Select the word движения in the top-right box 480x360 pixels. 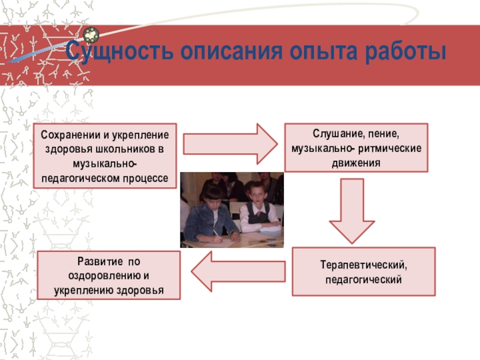pos(356,162)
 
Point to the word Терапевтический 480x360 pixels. pos(364,265)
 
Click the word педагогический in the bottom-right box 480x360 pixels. pos(364,280)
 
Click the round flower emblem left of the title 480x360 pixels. pos(91,35)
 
